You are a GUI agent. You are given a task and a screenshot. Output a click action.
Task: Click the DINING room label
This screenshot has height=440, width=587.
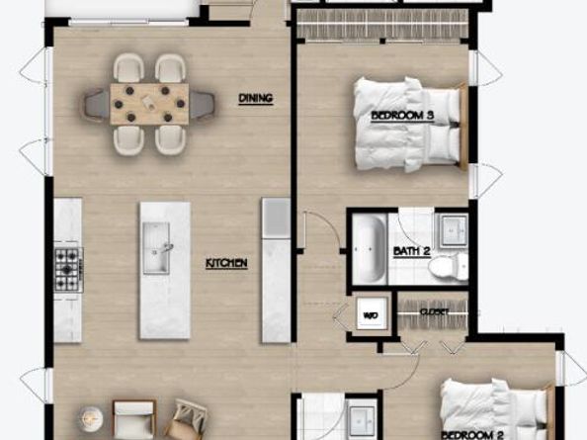tap(255, 98)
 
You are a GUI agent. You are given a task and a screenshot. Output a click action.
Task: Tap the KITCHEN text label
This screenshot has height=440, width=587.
tap(226, 263)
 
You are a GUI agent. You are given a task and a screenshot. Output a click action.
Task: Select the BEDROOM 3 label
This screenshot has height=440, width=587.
tap(403, 116)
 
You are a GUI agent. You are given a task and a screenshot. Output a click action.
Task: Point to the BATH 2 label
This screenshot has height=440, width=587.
tap(412, 251)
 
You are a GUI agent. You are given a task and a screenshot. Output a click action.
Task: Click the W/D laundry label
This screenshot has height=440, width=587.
tap(371, 316)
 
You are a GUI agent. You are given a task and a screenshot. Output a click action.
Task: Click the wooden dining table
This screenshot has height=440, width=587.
tap(149, 103)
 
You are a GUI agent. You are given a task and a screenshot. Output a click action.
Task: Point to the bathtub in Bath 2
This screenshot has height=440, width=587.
tap(370, 248)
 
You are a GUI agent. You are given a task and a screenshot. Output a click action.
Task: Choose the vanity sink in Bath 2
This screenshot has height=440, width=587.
tap(453, 228)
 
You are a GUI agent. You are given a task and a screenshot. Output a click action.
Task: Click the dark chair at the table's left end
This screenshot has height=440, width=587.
tap(96, 101)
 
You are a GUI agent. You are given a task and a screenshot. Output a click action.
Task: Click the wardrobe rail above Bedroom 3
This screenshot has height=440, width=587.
tap(382, 28)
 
